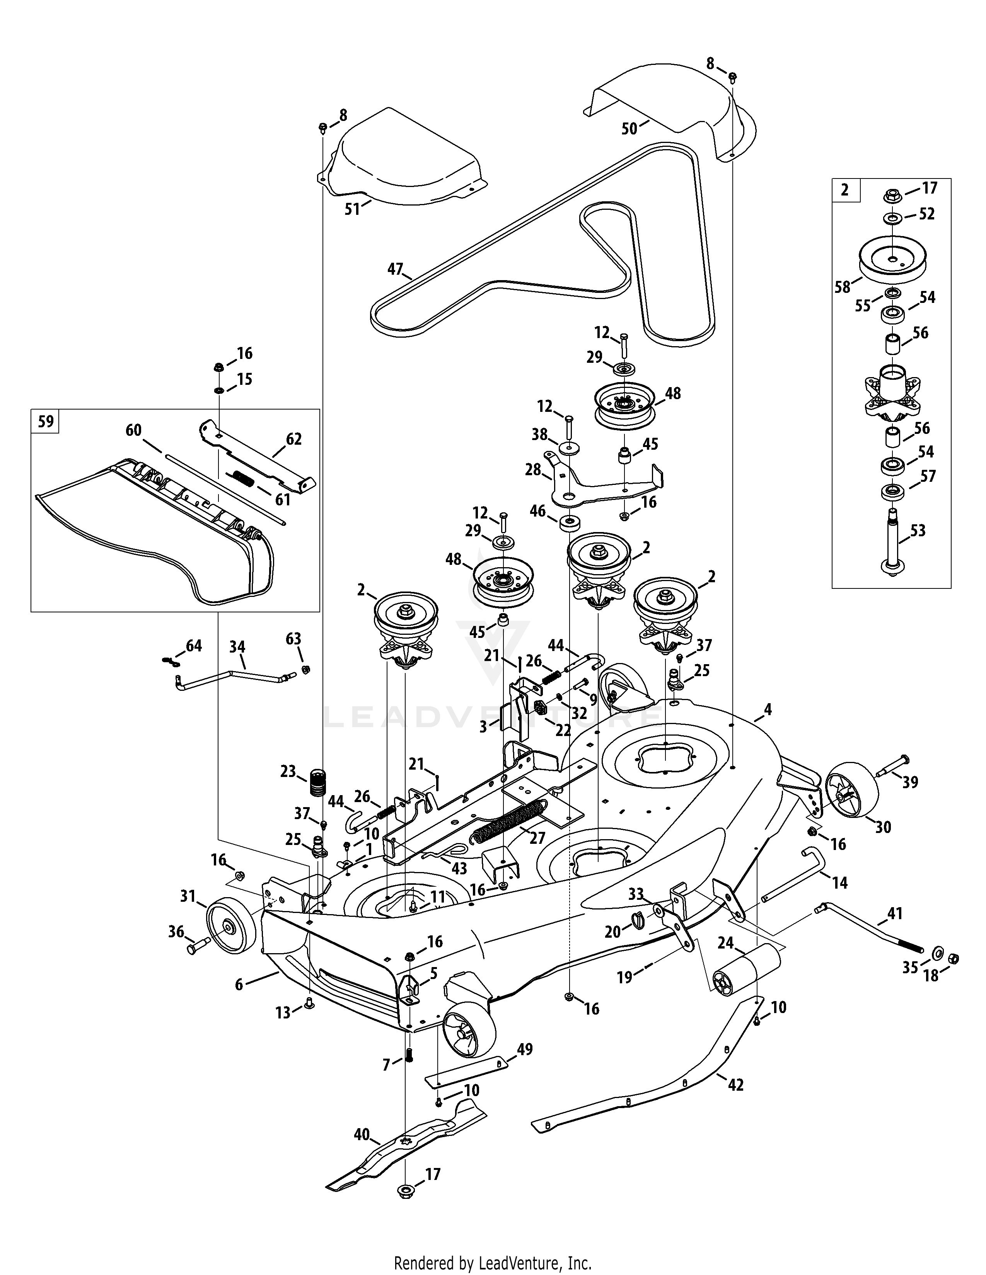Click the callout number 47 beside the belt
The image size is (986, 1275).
(x=396, y=269)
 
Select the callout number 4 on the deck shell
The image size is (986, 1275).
(x=768, y=709)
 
